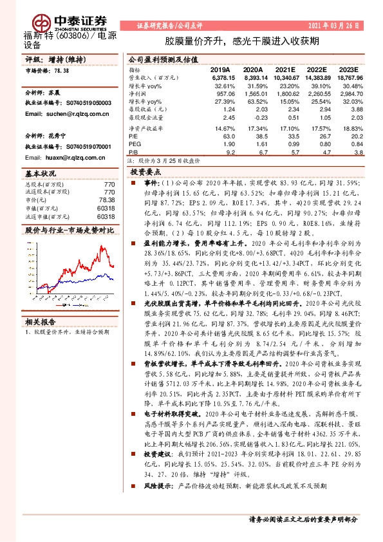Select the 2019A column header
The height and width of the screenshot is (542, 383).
(221, 69)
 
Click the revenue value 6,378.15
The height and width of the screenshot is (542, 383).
(221, 77)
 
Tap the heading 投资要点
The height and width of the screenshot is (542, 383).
(145, 173)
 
